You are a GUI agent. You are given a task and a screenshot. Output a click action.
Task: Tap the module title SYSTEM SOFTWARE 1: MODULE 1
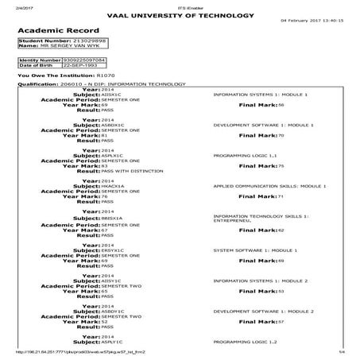(x=249, y=250)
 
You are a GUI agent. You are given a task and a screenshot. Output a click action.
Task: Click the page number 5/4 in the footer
(x=342, y=351)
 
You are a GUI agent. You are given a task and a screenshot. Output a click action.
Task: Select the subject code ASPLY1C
(x=113, y=341)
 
